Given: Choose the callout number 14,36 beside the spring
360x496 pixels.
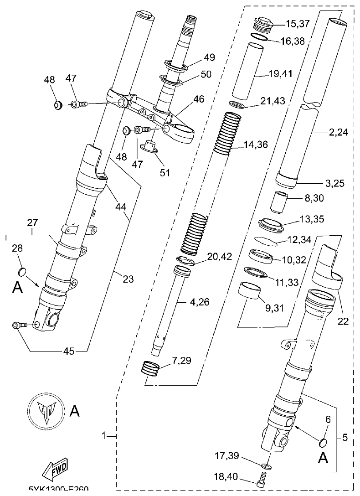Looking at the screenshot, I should click(262, 145).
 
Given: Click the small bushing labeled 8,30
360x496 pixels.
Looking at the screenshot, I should click(280, 202).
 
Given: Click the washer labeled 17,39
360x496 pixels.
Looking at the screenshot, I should click(266, 465).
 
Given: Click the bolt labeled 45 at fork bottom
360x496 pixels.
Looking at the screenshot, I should click(18, 325).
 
